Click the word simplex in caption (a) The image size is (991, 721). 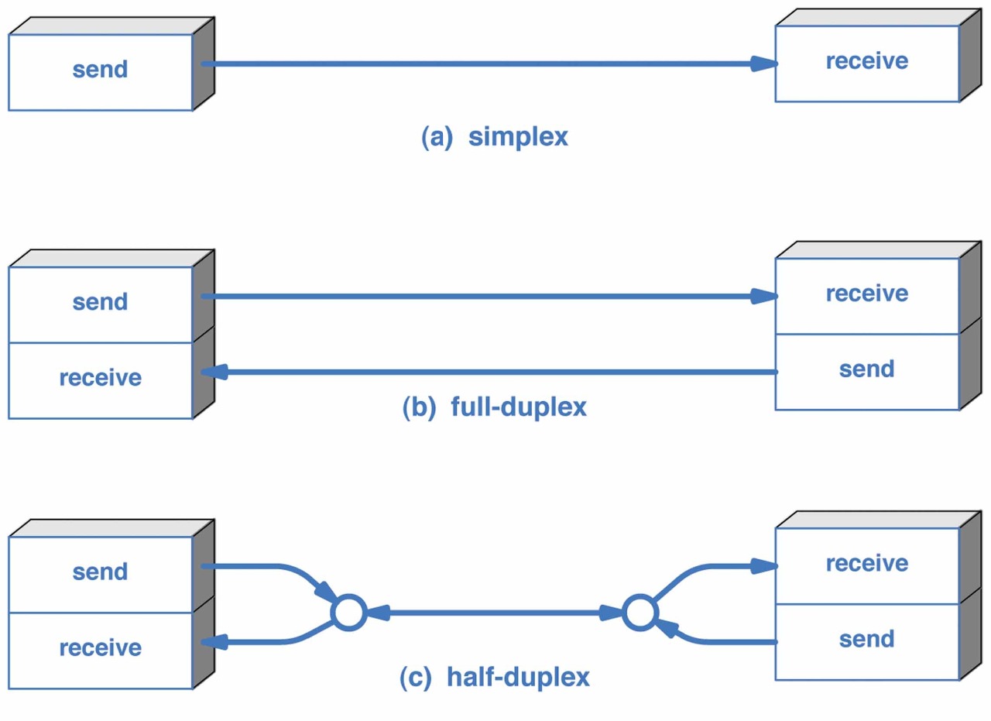(518, 137)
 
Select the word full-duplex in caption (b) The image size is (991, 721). (519, 407)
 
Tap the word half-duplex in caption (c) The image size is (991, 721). (518, 676)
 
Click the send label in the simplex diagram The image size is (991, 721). (101, 70)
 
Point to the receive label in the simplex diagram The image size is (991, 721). (867, 60)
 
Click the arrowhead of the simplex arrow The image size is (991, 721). (764, 64)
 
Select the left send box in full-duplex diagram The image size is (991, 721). (101, 304)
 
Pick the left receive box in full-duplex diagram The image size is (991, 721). (101, 381)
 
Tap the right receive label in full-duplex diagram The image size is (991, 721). (867, 294)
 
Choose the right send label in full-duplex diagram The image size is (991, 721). (866, 369)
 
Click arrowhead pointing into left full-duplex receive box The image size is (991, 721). (214, 372)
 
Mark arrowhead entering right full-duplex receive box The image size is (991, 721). (764, 296)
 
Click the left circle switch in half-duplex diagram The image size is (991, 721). (348, 613)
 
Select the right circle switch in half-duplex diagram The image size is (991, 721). (640, 613)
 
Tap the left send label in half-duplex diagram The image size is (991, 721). (101, 572)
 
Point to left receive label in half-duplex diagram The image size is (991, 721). (101, 648)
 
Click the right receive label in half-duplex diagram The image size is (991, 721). (867, 564)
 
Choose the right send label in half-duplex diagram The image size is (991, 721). (866, 639)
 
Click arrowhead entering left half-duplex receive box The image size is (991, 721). (214, 642)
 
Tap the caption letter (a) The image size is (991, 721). (437, 137)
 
